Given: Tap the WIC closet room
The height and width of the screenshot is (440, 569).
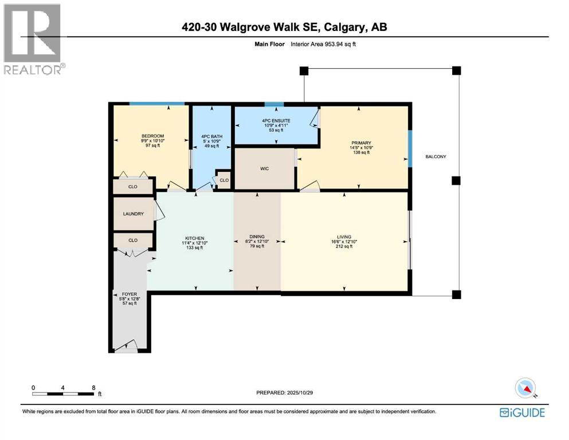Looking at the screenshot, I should [264, 168].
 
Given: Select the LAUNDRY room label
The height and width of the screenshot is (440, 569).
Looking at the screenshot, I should [133, 214].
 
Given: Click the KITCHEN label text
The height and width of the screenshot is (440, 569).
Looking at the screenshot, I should [195, 238].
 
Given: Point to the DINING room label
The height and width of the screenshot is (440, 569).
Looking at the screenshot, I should [257, 236].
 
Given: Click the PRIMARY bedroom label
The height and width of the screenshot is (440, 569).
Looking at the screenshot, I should [362, 143].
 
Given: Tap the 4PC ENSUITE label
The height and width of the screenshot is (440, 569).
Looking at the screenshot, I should [276, 121].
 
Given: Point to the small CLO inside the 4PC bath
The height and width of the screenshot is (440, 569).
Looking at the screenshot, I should [223, 180].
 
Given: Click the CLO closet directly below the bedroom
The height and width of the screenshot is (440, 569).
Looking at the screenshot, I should [132, 187].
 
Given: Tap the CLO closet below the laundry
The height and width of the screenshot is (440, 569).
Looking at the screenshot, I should [132, 240].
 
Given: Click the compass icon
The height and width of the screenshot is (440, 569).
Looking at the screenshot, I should [525, 388].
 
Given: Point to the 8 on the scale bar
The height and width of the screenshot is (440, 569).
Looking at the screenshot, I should [93, 387].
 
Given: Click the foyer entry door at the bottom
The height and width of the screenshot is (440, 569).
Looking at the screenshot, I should [126, 347].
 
